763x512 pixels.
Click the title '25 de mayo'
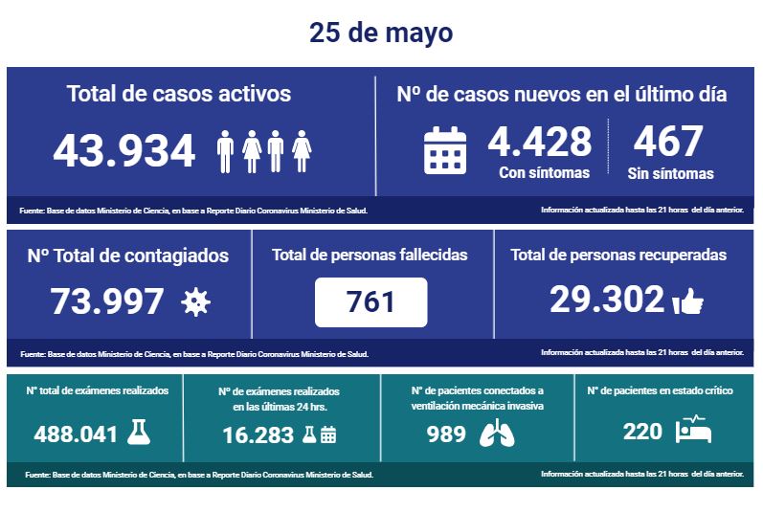pyautogui.click(x=381, y=33)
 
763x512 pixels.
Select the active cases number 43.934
pyautogui.click(x=124, y=150)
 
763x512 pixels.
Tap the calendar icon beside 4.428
pyautogui.click(x=445, y=150)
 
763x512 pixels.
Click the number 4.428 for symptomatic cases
pyautogui.click(x=540, y=142)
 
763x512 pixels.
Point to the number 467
pyautogui.click(x=667, y=142)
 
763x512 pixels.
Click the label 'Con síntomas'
pyautogui.click(x=544, y=173)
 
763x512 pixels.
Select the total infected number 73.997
pyautogui.click(x=107, y=301)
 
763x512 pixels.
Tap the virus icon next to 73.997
pyautogui.click(x=195, y=302)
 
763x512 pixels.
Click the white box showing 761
pyautogui.click(x=370, y=302)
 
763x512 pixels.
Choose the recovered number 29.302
pyautogui.click(x=606, y=300)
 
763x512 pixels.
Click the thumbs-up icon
pyautogui.click(x=688, y=302)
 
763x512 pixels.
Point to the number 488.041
pyautogui.click(x=76, y=434)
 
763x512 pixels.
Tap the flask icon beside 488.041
pyautogui.click(x=139, y=433)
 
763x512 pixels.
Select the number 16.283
pyautogui.click(x=252, y=434)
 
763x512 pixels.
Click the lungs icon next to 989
pyautogui.click(x=496, y=434)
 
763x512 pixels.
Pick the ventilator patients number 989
pyautogui.click(x=446, y=434)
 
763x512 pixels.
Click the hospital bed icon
pyautogui.click(x=693, y=431)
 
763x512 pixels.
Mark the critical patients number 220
pyautogui.click(x=642, y=432)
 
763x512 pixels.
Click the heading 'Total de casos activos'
pyautogui.click(x=179, y=94)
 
